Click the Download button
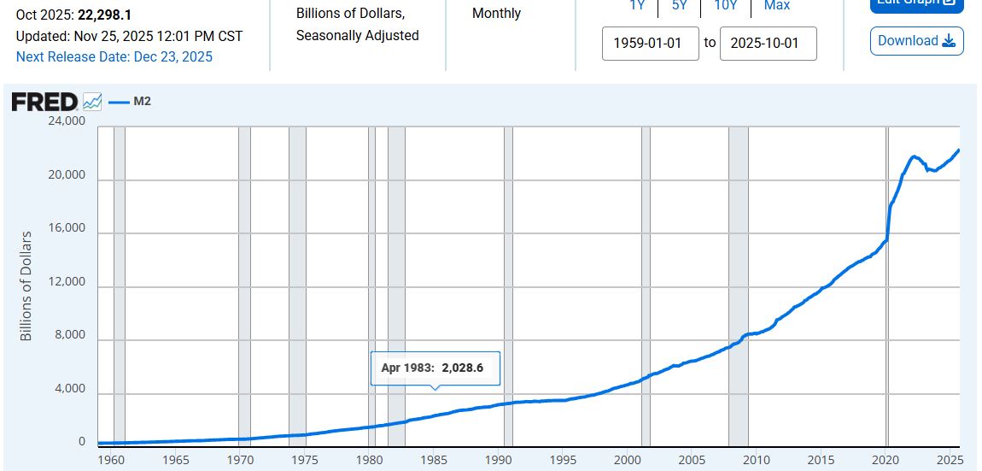pyautogui.click(x=916, y=41)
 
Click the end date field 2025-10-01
pyautogui.click(x=768, y=43)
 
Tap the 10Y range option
pyautogui.click(x=725, y=5)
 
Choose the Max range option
pyautogui.click(x=776, y=5)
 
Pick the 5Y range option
pyautogui.click(x=679, y=5)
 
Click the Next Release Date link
pyautogui.click(x=114, y=57)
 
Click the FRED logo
pyautogui.click(x=44, y=103)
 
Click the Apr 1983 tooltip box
pyautogui.click(x=435, y=368)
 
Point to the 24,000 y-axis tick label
pyautogui.click(x=65, y=121)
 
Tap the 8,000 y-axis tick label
pyautogui.click(x=68, y=335)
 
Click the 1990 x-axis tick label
pyautogui.click(x=498, y=460)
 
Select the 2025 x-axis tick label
pyautogui.click(x=950, y=460)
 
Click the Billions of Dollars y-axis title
pyautogui.click(x=26, y=286)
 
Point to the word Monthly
pyautogui.click(x=496, y=14)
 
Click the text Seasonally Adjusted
pyautogui.click(x=357, y=36)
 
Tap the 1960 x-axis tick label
pyautogui.click(x=111, y=460)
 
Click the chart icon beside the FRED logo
pyautogui.click(x=92, y=103)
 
